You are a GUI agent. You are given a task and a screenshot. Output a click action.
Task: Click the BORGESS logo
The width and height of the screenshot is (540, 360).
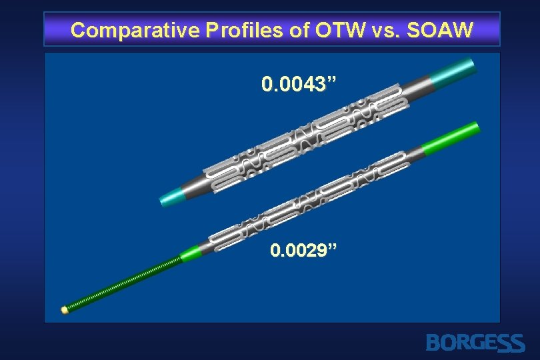tap(475, 343)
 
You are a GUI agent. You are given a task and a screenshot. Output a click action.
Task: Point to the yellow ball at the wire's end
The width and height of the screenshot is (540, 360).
tap(65, 310)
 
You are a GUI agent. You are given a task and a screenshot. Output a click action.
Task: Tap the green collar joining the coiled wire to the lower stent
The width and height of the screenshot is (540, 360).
tap(191, 252)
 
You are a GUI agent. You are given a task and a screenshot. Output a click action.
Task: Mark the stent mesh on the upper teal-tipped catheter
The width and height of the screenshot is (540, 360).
tap(307, 133)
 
